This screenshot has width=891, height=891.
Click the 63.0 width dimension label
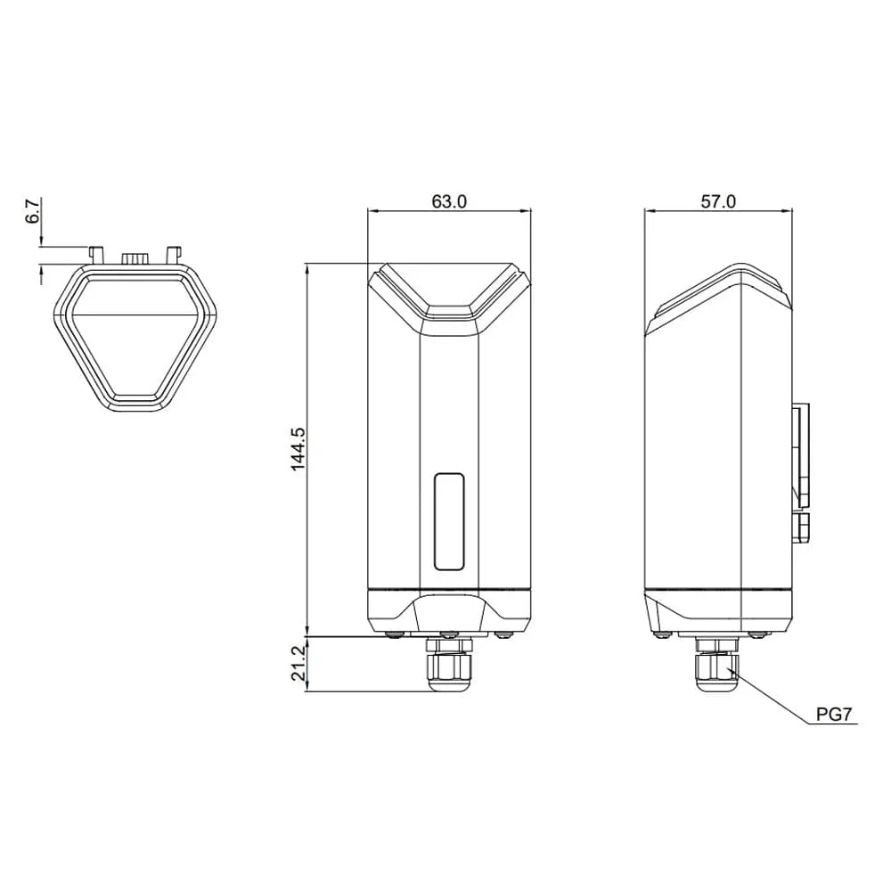pyautogui.click(x=449, y=200)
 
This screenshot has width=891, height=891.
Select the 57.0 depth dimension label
pyautogui.click(x=718, y=200)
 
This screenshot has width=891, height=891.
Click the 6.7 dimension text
pyautogui.click(x=33, y=212)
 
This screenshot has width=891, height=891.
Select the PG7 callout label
pyautogui.click(x=835, y=715)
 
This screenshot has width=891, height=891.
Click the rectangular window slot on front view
pyautogui.click(x=449, y=521)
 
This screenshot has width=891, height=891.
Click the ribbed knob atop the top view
pyautogui.click(x=135, y=257)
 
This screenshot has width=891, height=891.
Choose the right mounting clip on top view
pyautogui.click(x=174, y=252)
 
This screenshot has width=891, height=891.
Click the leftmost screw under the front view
pyautogui.click(x=394, y=634)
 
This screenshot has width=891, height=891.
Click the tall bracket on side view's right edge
pyautogui.click(x=801, y=450)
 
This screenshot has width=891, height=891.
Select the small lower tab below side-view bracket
pyautogui.click(x=801, y=526)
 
